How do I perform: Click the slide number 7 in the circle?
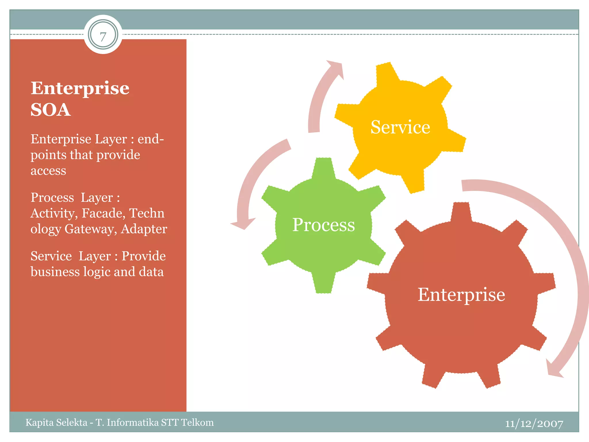pyautogui.click(x=103, y=36)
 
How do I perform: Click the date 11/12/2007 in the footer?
pyautogui.click(x=534, y=423)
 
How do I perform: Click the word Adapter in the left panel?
pyautogui.click(x=144, y=229)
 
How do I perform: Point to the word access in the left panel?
pyautogui.click(x=48, y=171)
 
